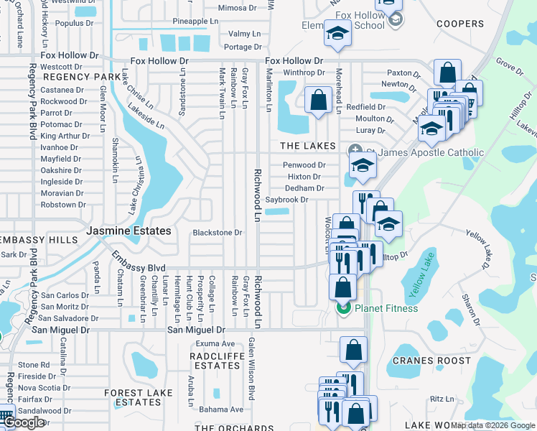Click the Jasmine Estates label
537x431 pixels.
click(x=129, y=231)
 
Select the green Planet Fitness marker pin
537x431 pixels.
click(x=342, y=309)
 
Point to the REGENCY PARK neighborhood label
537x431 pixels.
click(x=81, y=76)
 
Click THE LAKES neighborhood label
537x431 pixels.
click(x=307, y=146)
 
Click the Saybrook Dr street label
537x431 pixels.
click(x=286, y=200)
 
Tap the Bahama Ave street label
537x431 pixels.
click(x=222, y=409)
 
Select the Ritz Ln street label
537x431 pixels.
click(x=442, y=399)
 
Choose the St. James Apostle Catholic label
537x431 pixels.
click(x=425, y=152)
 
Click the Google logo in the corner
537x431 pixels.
click(x=24, y=422)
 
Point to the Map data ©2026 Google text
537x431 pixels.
click(x=492, y=425)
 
